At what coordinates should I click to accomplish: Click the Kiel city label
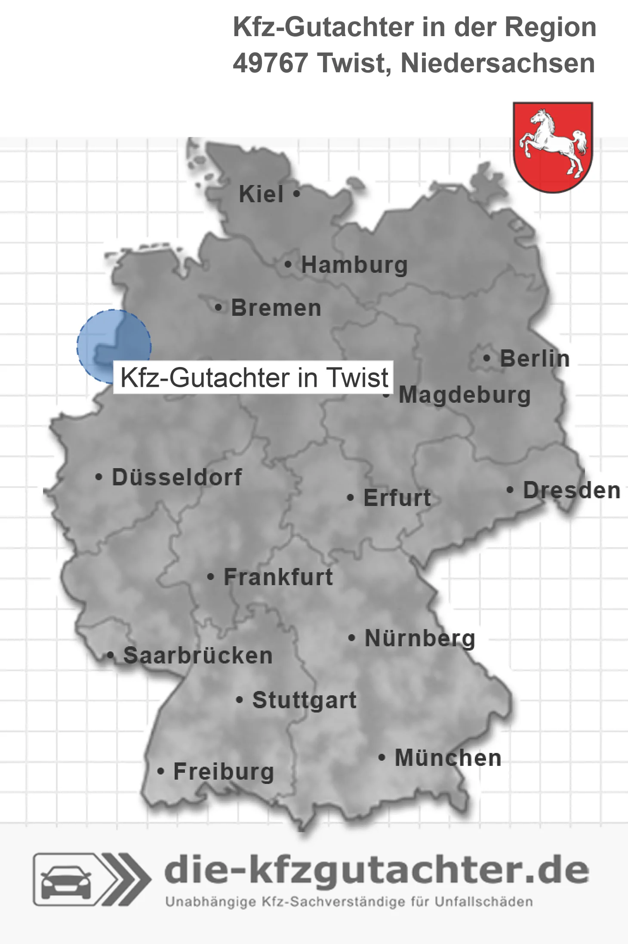tap(261, 194)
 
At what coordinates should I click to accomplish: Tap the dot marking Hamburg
tap(288, 265)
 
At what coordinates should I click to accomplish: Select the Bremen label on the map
tap(276, 308)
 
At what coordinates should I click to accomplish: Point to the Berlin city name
tap(535, 358)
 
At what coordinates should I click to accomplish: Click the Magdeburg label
tap(465, 395)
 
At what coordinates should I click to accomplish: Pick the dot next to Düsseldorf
tap(99, 477)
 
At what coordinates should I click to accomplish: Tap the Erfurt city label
tap(397, 498)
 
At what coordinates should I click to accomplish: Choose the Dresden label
tap(572, 490)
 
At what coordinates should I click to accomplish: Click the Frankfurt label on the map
tap(278, 577)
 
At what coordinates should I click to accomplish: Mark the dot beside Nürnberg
tap(352, 638)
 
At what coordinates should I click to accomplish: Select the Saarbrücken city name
tap(198, 656)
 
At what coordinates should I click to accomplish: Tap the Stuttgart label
tap(304, 700)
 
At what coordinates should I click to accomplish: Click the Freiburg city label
tap(224, 771)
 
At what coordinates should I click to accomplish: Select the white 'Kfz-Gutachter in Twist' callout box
tap(254, 378)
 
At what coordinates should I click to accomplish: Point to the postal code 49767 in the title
tap(270, 63)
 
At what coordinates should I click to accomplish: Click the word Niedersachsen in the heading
tap(498, 63)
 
